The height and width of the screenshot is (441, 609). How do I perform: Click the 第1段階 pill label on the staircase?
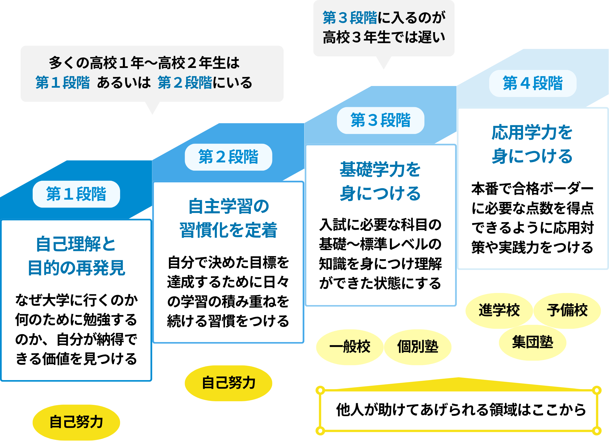(x=76, y=194)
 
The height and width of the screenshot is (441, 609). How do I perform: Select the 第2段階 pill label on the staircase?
(x=228, y=157)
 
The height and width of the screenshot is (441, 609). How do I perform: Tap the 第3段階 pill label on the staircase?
(x=380, y=120)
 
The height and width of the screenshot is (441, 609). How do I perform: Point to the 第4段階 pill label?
(x=533, y=83)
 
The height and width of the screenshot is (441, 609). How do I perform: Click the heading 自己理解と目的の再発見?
(x=76, y=255)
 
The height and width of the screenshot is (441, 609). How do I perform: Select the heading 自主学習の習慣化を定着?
(x=228, y=218)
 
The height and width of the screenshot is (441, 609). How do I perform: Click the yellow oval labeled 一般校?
(x=350, y=347)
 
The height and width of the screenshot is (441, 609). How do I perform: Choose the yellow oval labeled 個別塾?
(x=418, y=347)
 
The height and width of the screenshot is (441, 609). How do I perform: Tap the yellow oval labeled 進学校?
(x=499, y=310)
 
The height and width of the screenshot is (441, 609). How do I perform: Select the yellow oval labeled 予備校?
(x=567, y=310)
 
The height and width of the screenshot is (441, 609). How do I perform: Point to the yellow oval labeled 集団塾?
(x=532, y=342)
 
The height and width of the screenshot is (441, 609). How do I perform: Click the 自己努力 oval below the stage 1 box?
(x=76, y=422)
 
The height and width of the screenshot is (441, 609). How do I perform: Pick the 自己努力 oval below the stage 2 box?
(x=228, y=383)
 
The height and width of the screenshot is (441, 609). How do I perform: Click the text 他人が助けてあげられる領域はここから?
(x=461, y=410)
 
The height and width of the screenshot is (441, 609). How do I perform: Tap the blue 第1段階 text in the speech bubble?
(x=63, y=83)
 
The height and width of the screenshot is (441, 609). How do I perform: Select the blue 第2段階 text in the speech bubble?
(x=185, y=83)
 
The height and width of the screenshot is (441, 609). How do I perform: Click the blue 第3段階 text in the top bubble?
(x=350, y=18)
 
